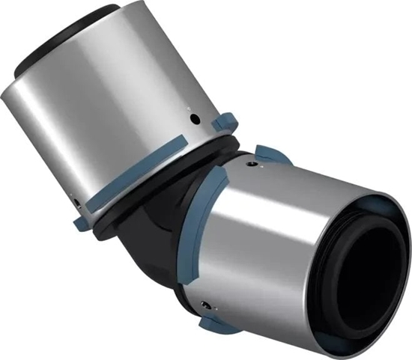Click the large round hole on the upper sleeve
coord(195,119)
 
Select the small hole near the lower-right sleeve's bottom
coord(205,304)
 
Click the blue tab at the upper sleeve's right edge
coord(225,121)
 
